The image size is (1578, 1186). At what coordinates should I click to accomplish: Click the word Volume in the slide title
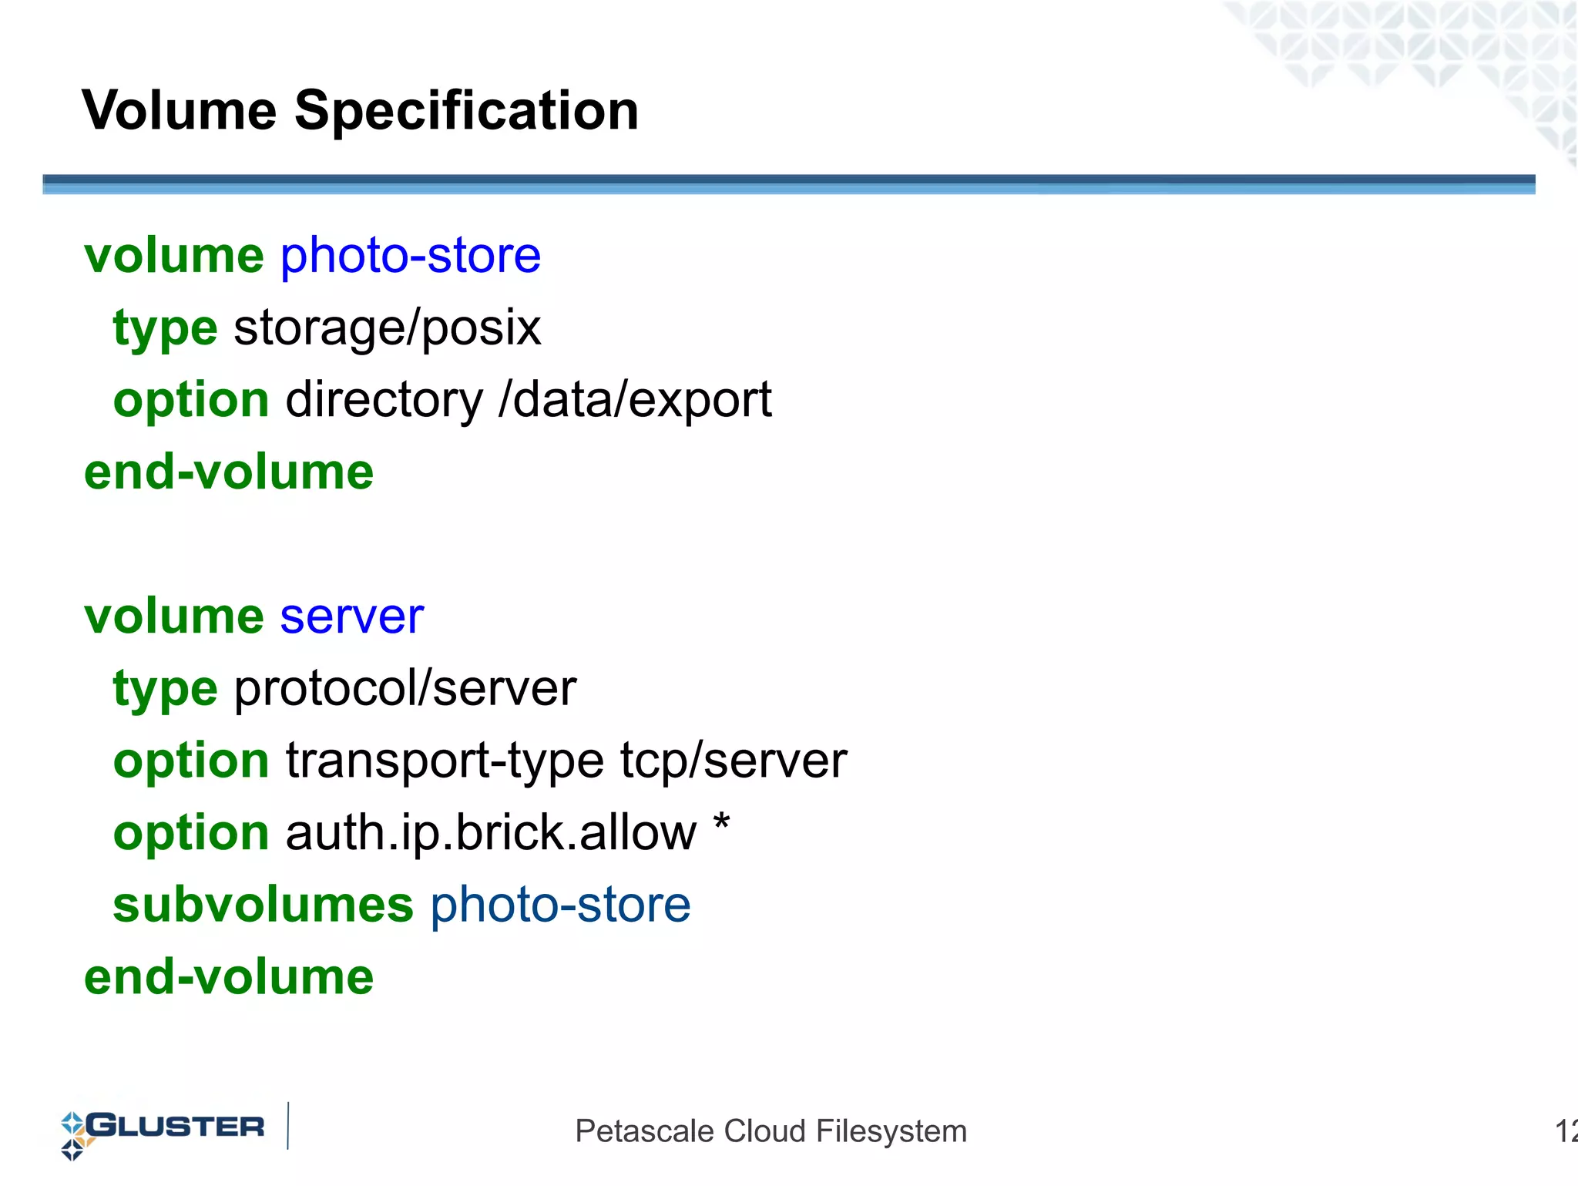179,110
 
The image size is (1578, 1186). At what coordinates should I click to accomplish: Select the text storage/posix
387,328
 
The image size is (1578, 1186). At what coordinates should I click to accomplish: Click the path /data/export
635,400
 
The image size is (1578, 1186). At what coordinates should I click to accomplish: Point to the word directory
384,400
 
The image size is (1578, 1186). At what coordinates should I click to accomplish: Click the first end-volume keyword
229,472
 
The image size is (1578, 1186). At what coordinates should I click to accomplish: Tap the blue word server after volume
351,617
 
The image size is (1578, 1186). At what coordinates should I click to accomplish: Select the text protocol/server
405,688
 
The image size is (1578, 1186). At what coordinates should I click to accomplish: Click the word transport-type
445,761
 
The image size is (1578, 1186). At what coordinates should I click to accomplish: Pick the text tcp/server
734,761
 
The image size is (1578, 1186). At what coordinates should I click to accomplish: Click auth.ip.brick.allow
490,833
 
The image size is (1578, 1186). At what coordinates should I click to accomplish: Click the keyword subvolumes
263,905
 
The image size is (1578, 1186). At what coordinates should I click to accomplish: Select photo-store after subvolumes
560,905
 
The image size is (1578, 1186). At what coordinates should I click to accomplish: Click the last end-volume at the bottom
229,977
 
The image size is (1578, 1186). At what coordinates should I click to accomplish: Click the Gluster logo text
176,1127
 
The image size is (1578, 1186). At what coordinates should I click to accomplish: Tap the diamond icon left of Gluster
73,1135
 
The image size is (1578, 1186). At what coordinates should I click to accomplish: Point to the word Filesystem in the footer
891,1131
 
